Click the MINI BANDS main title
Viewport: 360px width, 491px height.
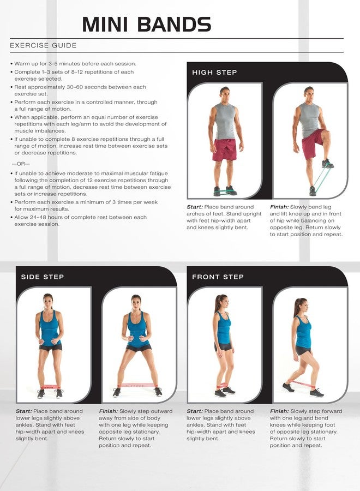tap(147, 25)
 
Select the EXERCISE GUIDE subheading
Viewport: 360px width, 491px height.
tap(43, 45)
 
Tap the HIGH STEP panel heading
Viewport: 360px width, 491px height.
tap(214, 73)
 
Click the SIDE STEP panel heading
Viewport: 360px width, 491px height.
tap(42, 277)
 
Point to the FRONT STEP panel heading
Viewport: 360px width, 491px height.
tap(218, 277)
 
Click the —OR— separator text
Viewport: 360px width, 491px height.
tap(21, 164)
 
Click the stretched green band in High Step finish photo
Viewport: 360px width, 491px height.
tap(321, 177)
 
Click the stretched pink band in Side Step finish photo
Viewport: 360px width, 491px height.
tap(137, 385)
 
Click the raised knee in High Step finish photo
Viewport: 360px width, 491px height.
tap(326, 135)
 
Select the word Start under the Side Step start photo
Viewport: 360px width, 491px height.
tap(24, 411)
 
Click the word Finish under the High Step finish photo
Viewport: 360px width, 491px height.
tap(279, 207)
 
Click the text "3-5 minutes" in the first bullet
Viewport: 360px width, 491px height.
tap(64, 64)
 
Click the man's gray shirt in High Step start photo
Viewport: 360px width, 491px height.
tap(224, 121)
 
